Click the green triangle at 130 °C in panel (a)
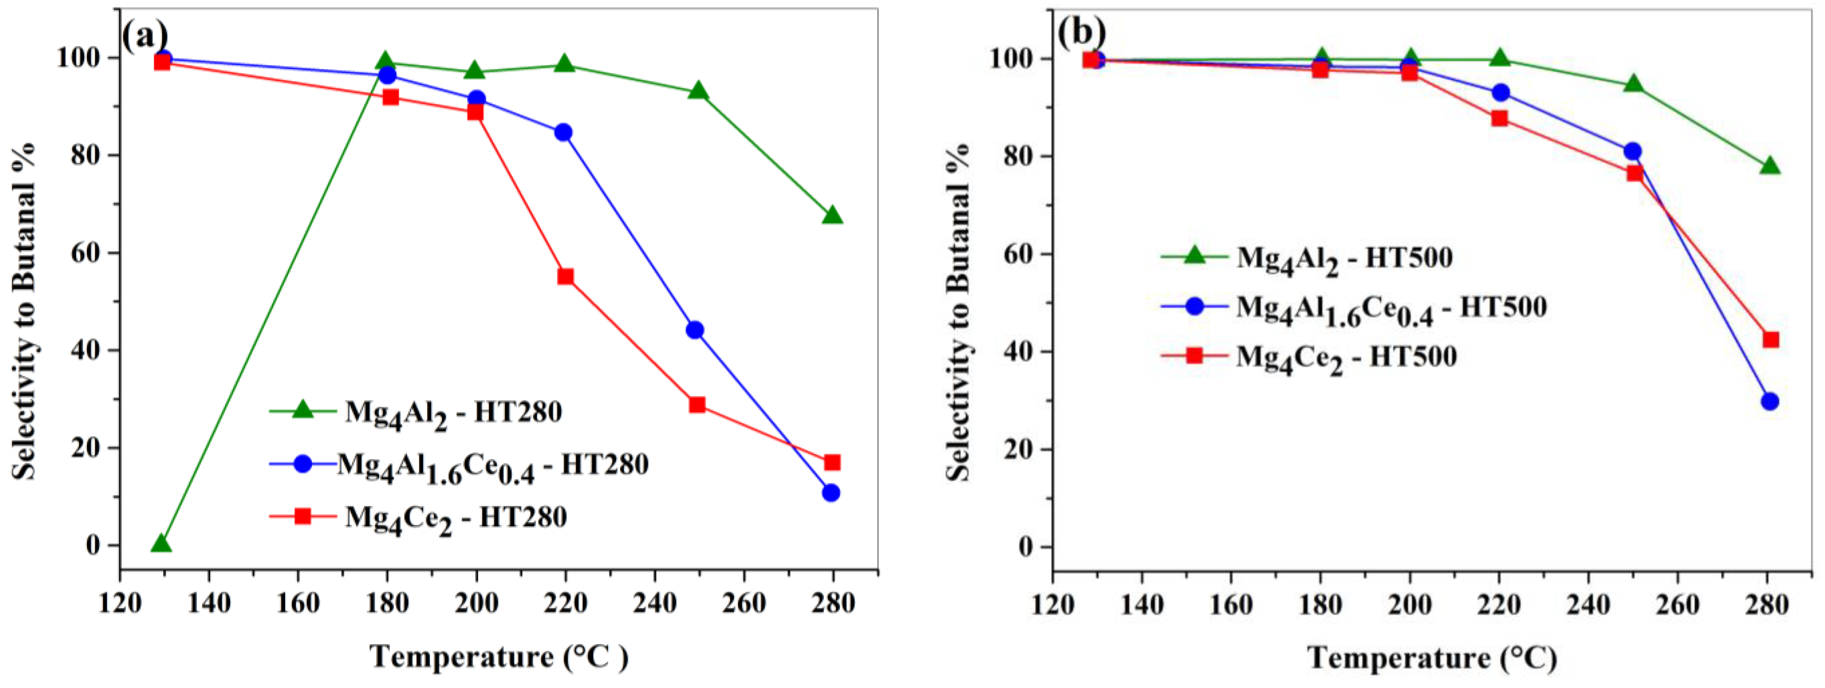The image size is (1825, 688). click(x=162, y=544)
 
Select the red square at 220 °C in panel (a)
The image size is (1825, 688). click(x=565, y=276)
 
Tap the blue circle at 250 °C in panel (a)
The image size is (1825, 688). click(x=695, y=330)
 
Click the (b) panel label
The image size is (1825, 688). click(x=1081, y=32)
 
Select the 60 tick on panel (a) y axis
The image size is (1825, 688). click(x=85, y=253)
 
